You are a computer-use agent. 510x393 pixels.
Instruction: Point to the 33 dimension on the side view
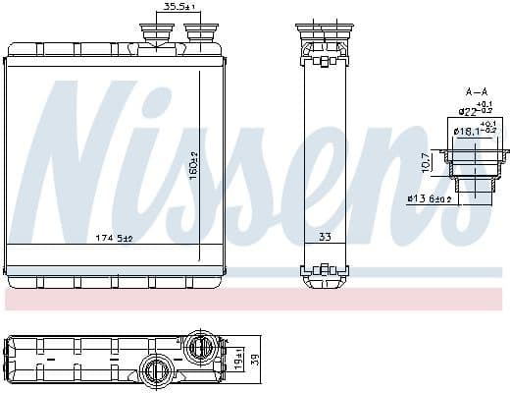point(325,238)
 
